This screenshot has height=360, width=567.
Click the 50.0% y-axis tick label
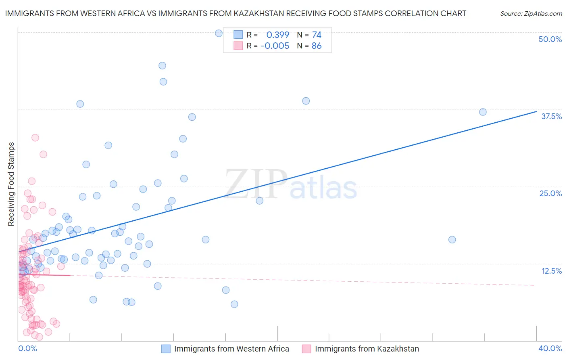(550, 39)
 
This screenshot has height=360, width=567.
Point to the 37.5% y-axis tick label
(551, 116)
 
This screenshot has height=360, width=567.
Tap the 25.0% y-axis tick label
(550, 193)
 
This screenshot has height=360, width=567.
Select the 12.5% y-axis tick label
(551, 271)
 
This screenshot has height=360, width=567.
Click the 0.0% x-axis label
(27, 348)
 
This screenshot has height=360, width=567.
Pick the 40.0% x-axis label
(550, 348)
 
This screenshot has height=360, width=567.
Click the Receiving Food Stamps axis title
(11, 184)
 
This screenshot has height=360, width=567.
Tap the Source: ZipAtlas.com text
(531, 14)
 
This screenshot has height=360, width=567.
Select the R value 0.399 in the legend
(277, 35)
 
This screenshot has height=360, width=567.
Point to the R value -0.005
(275, 46)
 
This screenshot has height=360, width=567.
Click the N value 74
(317, 35)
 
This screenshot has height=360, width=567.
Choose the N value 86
(317, 46)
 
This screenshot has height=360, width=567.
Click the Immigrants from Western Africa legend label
(231, 349)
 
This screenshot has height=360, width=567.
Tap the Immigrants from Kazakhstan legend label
(367, 349)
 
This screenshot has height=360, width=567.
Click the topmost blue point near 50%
(219, 33)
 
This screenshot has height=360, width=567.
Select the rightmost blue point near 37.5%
(483, 112)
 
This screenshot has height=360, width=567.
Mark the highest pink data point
(35, 138)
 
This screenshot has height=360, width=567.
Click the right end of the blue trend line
(536, 111)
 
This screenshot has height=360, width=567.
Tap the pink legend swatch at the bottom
(306, 349)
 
